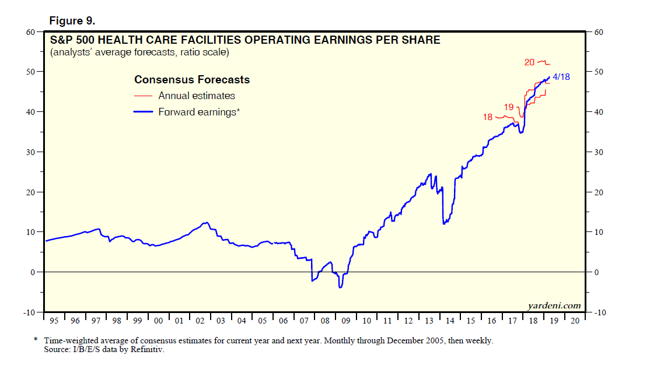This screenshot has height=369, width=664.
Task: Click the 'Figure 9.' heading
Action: (72, 21)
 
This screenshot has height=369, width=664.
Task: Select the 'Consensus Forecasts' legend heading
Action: (192, 80)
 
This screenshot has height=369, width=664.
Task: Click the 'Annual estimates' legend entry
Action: (197, 96)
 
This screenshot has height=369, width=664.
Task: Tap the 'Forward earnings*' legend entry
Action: (199, 112)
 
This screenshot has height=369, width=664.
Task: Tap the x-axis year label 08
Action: (324, 321)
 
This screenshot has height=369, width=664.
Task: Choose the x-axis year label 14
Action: (449, 321)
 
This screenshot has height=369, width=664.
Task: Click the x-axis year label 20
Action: (574, 321)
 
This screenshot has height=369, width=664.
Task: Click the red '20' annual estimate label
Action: (530, 62)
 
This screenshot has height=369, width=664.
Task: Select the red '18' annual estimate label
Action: (488, 117)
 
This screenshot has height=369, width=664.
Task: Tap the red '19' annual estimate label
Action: (509, 107)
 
